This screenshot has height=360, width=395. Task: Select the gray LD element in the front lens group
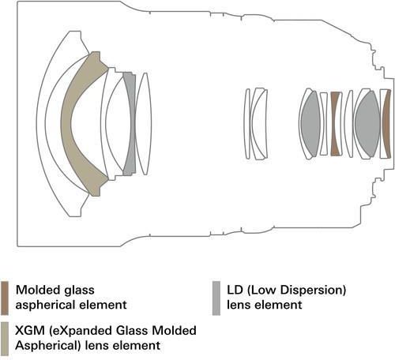pyautogui.click(x=130, y=124)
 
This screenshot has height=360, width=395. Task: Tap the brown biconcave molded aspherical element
pyautogui.click(x=336, y=124)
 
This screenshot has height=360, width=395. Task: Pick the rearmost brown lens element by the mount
pyautogui.click(x=386, y=124)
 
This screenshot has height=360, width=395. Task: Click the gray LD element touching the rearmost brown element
pyautogui.click(x=367, y=124)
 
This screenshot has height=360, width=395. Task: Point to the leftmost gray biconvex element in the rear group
pyautogui.click(x=310, y=124)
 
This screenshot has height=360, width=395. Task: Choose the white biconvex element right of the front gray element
pyautogui.click(x=144, y=124)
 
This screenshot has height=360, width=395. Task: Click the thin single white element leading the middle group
pyautogui.click(x=247, y=124)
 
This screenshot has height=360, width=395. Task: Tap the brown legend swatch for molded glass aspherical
pyautogui.click(x=5, y=298)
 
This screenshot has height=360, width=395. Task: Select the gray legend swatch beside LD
pyautogui.click(x=216, y=298)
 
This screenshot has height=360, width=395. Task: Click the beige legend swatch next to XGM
pyautogui.click(x=5, y=339)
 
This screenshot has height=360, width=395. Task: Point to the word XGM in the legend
pyautogui.click(x=30, y=331)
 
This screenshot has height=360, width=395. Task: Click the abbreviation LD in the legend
pyautogui.click(x=235, y=290)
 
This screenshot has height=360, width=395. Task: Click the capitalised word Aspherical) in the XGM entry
pyautogui.click(x=47, y=346)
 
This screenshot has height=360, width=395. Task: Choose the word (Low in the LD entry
pyautogui.click(x=261, y=291)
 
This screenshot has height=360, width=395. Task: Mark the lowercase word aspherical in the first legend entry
pyautogui.click(x=45, y=306)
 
